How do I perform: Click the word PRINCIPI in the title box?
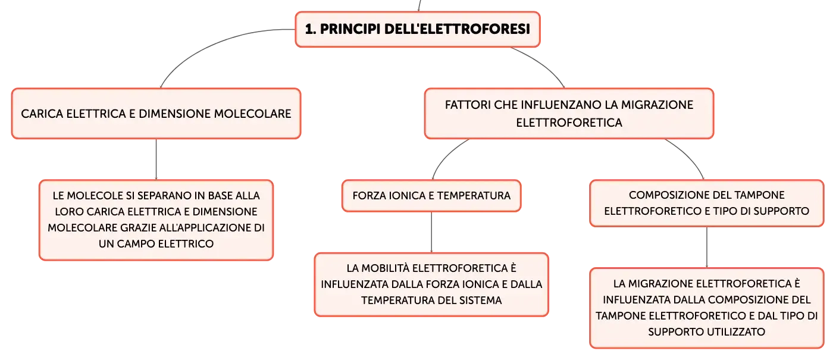pyautogui.click(x=350, y=29)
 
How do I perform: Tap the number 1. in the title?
pyautogui.click(x=310, y=29)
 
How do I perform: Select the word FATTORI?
pyautogui.click(x=468, y=105)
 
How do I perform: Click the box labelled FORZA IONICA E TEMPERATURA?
pyautogui.click(x=431, y=196)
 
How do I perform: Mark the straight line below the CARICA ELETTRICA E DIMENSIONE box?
pyautogui.click(x=156, y=159)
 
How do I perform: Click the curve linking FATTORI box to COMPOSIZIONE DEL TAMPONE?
pyautogui.click(x=689, y=156)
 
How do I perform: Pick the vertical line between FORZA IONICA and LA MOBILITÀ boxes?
pyautogui.click(x=431, y=233)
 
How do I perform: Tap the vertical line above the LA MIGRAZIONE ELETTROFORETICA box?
pyautogui.click(x=706, y=248)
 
